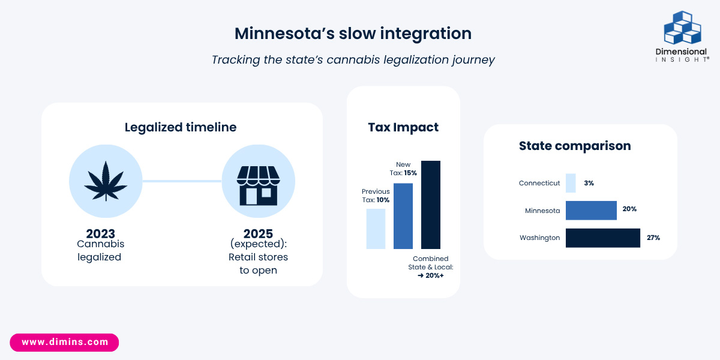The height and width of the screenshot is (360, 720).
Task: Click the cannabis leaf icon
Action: [x=106, y=181]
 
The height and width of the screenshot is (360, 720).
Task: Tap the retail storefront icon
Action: [x=259, y=185]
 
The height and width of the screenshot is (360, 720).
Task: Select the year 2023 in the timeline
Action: [x=100, y=233]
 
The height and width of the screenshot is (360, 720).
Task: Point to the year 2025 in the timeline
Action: [x=258, y=233]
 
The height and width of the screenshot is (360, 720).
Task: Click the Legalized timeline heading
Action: [x=181, y=127]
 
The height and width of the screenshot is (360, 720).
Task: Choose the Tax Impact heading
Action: [x=403, y=127]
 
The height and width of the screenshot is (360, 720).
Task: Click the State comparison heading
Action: [x=575, y=146]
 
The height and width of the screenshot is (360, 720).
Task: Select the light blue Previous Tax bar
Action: [x=376, y=229]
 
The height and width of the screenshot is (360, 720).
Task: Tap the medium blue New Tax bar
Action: [x=403, y=216]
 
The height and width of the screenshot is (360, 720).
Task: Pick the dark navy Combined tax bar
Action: [x=431, y=205]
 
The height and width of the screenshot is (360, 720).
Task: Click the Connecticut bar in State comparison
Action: [x=571, y=183]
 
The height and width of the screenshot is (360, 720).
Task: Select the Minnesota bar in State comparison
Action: [x=591, y=211]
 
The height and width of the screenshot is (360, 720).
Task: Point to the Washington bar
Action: [x=603, y=238]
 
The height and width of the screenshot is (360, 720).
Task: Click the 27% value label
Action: [x=653, y=238]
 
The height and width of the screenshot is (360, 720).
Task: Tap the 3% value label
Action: [x=589, y=183]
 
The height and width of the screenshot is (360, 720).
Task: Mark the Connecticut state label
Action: [x=539, y=183]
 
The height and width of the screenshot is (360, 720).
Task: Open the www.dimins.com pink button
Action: [x=64, y=343]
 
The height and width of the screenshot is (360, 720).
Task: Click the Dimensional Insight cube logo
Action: [x=682, y=28]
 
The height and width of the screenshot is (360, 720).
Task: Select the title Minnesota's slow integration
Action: [x=353, y=34]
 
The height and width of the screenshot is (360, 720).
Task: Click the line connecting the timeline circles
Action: [x=182, y=181]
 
